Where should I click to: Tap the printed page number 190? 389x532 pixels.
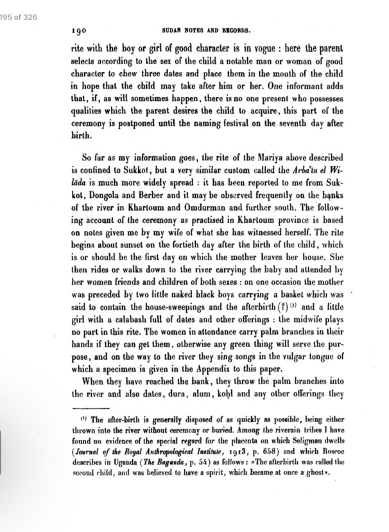pos(78,30)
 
